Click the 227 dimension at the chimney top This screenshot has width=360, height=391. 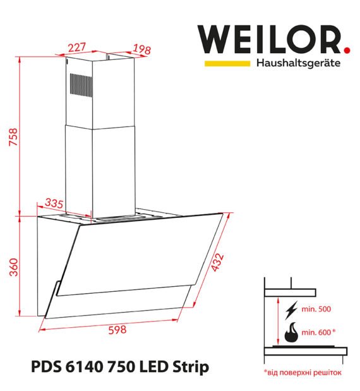[x=77, y=47]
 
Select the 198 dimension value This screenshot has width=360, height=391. [x=141, y=49]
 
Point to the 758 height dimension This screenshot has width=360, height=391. [x=13, y=136]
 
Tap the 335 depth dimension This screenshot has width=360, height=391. [x=54, y=204]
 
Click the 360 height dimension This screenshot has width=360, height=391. [x=14, y=267]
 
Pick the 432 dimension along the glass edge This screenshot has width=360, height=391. [x=217, y=262]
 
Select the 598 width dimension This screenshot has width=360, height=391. [x=117, y=330]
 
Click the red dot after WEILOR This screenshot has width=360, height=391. [x=347, y=50]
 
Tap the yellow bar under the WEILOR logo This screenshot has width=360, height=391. [x=227, y=63]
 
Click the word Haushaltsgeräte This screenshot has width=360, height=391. [x=298, y=63]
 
